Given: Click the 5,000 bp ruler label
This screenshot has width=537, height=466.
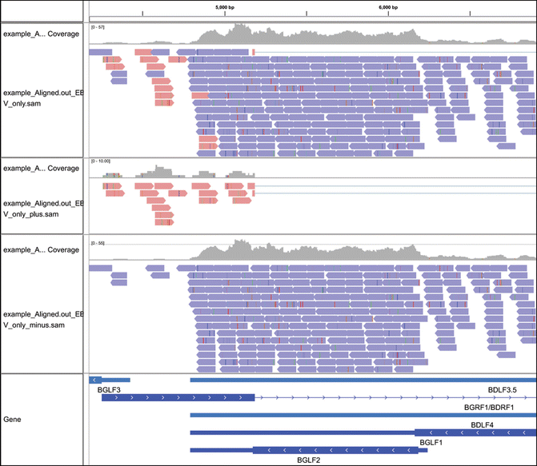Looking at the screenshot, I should pyautogui.click(x=226, y=6).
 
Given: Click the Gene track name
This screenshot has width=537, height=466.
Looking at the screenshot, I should pyautogui.click(x=13, y=419).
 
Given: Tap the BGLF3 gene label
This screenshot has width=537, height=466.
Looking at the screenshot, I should pyautogui.click(x=109, y=389).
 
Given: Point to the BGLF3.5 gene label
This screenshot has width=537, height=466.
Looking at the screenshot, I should pyautogui.click(x=503, y=389).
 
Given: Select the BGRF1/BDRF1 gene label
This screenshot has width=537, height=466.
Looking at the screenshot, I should pyautogui.click(x=490, y=407).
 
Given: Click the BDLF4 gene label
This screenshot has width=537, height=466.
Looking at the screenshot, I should pyautogui.click(x=482, y=424).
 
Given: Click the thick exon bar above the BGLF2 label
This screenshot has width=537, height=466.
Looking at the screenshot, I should pyautogui.click(x=335, y=450).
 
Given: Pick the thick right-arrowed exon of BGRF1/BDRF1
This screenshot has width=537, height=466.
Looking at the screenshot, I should pyautogui.click(x=178, y=397).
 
